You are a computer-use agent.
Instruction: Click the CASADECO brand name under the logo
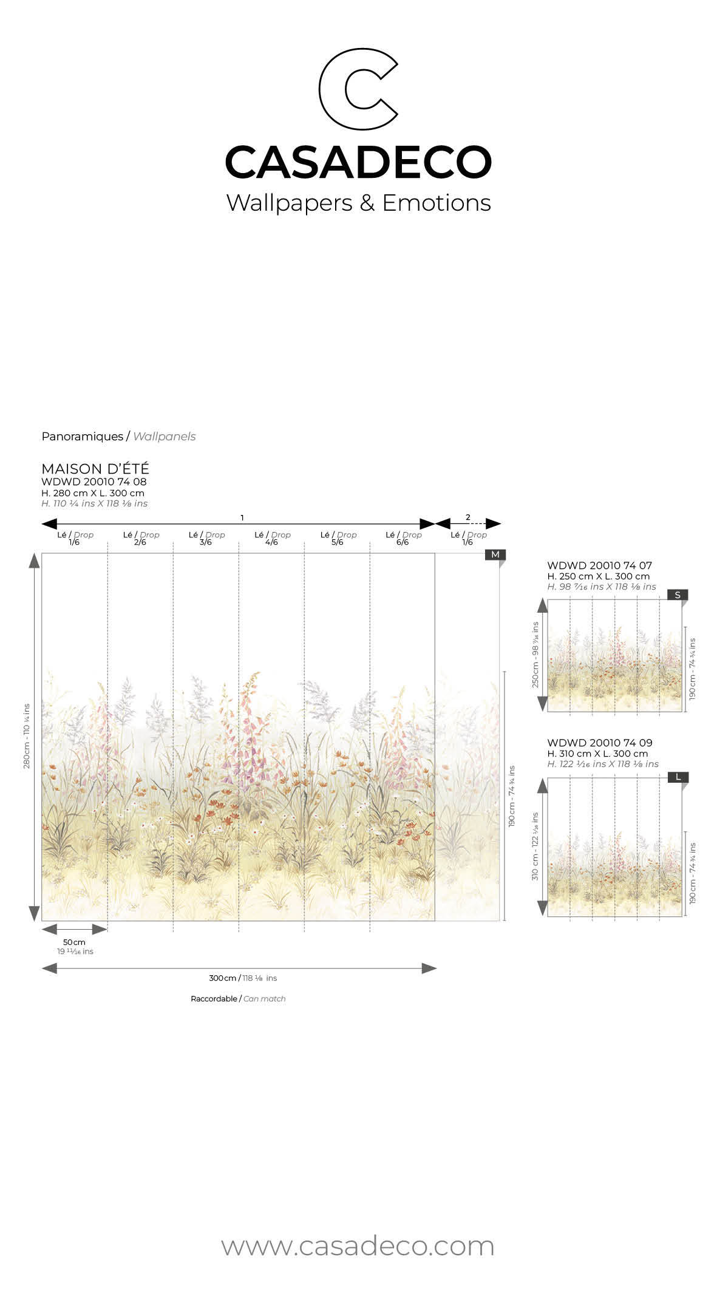pyautogui.click(x=358, y=162)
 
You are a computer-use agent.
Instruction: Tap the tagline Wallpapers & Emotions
pyautogui.click(x=358, y=203)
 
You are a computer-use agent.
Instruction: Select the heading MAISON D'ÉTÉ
pyautogui.click(x=95, y=469)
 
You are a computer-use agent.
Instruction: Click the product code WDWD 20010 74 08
pyautogui.click(x=94, y=482)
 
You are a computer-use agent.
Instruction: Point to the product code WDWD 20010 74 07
pyautogui.click(x=599, y=565)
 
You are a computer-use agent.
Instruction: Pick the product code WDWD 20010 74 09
pyautogui.click(x=599, y=743)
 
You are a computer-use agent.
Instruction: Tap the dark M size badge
pyautogui.click(x=495, y=554)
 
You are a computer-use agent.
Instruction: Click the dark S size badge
pyautogui.click(x=678, y=595)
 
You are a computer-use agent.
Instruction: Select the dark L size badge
pyautogui.click(x=678, y=777)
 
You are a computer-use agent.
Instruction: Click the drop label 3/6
pyautogui.click(x=206, y=542)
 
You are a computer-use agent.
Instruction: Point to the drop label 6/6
pyautogui.click(x=403, y=542)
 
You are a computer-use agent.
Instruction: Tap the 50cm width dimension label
pyautogui.click(x=74, y=942)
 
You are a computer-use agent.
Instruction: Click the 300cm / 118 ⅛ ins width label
pyautogui.click(x=242, y=978)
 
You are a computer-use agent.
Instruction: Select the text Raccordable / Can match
pyautogui.click(x=238, y=999)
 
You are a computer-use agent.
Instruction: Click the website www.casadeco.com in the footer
pyautogui.click(x=358, y=1247)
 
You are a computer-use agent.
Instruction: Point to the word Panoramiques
pyautogui.click(x=82, y=437)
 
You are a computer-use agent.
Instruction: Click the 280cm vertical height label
pyautogui.click(x=27, y=736)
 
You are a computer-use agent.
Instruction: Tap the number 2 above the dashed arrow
pyautogui.click(x=467, y=517)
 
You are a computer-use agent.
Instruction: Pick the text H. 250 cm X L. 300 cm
pyautogui.click(x=598, y=576)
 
